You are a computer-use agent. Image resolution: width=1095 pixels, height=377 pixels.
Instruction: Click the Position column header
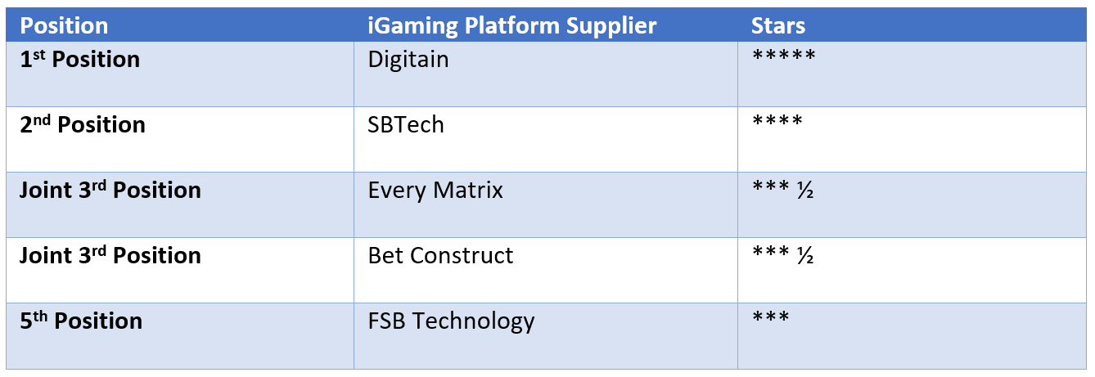[x=64, y=26]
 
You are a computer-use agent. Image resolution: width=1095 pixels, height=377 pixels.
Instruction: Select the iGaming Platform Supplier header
[x=511, y=27]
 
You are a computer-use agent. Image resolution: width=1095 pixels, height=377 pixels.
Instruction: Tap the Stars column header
[x=777, y=26]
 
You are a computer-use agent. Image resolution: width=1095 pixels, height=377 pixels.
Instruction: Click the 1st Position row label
[x=79, y=59]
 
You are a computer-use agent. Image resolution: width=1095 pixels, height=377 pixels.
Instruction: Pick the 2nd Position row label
[x=83, y=124]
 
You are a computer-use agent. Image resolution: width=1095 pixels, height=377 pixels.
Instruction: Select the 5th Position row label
[x=81, y=321]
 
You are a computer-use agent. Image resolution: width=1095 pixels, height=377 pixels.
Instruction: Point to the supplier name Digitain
[x=408, y=61]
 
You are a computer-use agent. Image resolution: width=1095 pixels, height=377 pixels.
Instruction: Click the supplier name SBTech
[x=406, y=124]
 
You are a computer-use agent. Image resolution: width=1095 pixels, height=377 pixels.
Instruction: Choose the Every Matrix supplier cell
[x=435, y=191]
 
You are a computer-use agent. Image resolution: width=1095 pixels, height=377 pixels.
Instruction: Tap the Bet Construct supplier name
[x=440, y=255]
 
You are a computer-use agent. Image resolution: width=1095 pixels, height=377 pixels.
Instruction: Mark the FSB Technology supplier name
[x=451, y=322]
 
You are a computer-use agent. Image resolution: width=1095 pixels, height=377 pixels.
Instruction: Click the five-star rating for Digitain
[x=784, y=55]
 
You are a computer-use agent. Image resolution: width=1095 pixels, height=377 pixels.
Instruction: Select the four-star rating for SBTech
[x=777, y=120]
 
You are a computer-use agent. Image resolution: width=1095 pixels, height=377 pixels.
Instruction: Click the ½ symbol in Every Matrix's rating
[x=805, y=190]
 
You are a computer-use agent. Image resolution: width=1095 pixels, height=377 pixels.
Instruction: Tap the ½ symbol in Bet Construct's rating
[x=805, y=255]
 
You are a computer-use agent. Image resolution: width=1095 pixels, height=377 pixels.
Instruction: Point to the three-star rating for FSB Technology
[x=771, y=316]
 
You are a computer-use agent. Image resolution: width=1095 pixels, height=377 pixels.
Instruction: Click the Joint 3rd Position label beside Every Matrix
[x=110, y=190]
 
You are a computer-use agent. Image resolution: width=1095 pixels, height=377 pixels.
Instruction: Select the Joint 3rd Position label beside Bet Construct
[x=110, y=255]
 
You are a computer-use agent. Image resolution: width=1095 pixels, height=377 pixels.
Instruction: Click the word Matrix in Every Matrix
[x=468, y=190]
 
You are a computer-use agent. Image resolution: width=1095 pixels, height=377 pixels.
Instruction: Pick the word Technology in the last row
[x=473, y=322]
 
